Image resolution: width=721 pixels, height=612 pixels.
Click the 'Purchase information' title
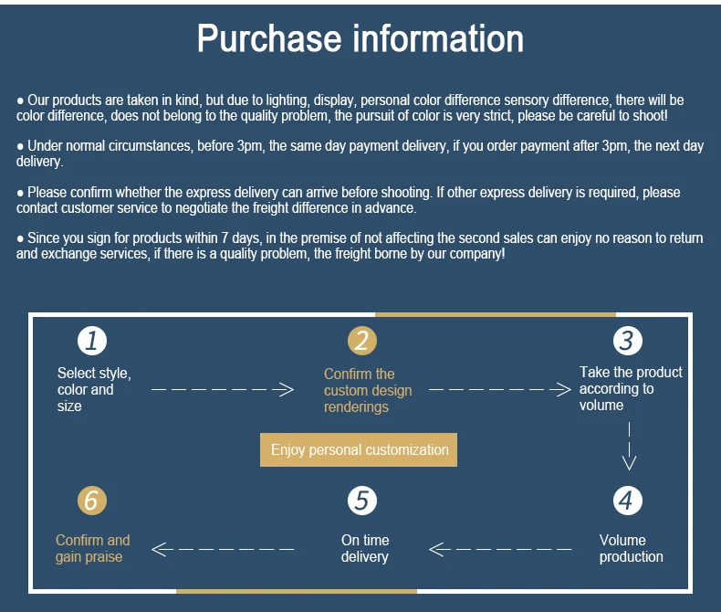[360, 39]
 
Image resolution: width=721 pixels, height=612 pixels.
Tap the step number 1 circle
[91, 341]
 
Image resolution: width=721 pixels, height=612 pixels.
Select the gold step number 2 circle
[361, 341]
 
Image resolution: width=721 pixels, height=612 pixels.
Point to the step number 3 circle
[627, 341]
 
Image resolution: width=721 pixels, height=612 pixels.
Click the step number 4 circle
[627, 501]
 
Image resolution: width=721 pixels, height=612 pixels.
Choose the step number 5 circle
[362, 501]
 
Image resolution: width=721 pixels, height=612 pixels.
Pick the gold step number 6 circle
[91, 501]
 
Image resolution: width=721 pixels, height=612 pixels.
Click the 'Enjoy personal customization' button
[359, 450]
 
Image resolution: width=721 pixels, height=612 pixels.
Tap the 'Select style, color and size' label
[93, 389]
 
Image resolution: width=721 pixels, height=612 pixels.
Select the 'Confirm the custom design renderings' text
[367, 390]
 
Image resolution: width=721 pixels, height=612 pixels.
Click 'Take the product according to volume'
[630, 388]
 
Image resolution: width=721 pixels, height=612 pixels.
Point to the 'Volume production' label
[631, 548]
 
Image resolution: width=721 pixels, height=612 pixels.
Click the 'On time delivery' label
[364, 548]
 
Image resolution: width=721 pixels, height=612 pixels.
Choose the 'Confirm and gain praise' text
[92, 548]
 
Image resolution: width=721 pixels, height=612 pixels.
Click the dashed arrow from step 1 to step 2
[223, 390]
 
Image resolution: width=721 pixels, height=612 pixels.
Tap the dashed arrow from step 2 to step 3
[498, 390]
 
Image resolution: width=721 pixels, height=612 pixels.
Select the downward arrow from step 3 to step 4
[628, 445]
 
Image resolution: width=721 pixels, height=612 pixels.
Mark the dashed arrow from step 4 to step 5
[500, 549]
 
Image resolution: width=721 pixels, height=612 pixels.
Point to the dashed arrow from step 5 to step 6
[223, 549]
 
